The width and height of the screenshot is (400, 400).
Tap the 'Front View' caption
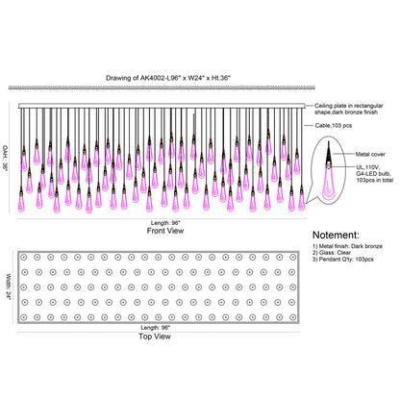pyautogui.click(x=165, y=231)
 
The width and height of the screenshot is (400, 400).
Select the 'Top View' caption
pyautogui.click(x=155, y=337)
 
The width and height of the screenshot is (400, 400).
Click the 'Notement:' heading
pyautogui.click(x=336, y=235)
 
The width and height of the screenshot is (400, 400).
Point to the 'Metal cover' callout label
pyautogui.click(x=370, y=154)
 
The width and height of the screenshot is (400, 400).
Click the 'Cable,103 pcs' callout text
pyautogui.click(x=334, y=125)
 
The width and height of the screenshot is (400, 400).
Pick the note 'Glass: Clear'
pyautogui.click(x=332, y=253)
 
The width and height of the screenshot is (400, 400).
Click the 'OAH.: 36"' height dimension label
pyautogui.click(x=6, y=158)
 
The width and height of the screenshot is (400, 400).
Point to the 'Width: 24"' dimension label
pyautogui.click(x=9, y=287)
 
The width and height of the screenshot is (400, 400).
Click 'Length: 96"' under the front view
pyautogui.click(x=165, y=223)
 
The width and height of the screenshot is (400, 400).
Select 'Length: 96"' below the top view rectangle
pyautogui.click(x=155, y=328)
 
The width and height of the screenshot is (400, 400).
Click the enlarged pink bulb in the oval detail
pyautogui.click(x=329, y=184)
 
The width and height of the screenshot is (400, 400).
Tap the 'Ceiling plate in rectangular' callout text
pyautogui.click(x=349, y=106)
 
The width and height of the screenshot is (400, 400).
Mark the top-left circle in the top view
pyautogui.click(x=23, y=257)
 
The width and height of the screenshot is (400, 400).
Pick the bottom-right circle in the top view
pyautogui.click(x=292, y=317)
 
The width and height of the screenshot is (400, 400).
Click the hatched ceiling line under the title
pyautogui.click(x=162, y=87)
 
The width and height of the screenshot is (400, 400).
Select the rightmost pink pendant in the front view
pyautogui.click(x=302, y=201)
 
